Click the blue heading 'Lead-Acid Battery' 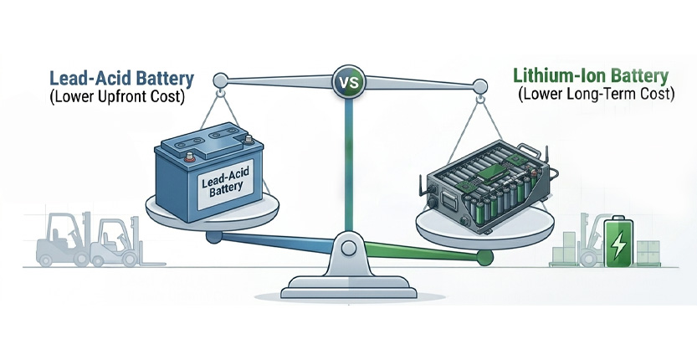122,80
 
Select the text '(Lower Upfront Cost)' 123,101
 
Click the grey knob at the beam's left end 220,81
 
